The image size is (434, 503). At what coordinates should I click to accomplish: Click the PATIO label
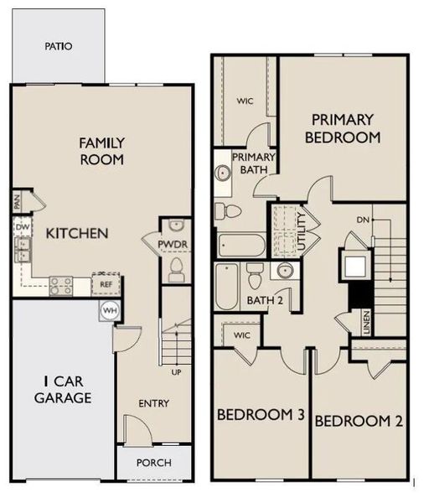coord(58,46)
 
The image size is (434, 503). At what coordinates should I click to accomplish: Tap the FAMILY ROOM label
coord(102,151)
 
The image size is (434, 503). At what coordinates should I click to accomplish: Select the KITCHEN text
coord(76,232)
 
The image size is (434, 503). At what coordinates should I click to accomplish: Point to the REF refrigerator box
coord(106,284)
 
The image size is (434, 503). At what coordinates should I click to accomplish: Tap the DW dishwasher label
coord(22,226)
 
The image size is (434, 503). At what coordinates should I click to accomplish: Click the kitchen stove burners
coord(60,286)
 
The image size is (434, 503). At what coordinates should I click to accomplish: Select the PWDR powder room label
coord(176,246)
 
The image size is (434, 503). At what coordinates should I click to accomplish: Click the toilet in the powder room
coord(176,268)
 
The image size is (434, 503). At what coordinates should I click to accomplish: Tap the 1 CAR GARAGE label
coord(63,390)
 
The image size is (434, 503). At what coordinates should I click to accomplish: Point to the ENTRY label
coord(153,403)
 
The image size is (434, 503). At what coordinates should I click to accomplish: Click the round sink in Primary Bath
coord(224,174)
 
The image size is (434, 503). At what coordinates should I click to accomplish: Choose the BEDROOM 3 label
coord(260,415)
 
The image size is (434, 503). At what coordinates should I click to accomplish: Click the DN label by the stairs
coord(363,220)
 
